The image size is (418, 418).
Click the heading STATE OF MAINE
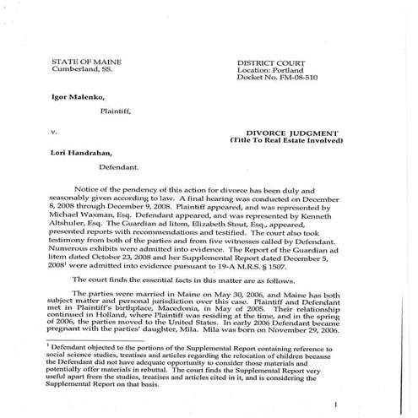83,63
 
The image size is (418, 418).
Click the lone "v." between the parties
54,132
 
